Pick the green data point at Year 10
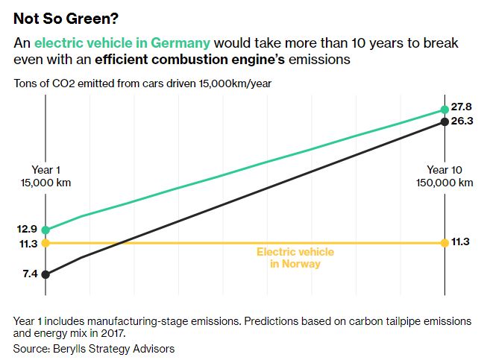point(445,110)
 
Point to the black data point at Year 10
point(445,121)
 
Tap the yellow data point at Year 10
point(445,242)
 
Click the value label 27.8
point(462,108)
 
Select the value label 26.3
point(462,122)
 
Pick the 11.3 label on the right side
point(462,242)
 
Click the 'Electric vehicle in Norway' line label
point(295,258)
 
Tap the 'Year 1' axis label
point(45,170)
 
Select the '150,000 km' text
point(445,183)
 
